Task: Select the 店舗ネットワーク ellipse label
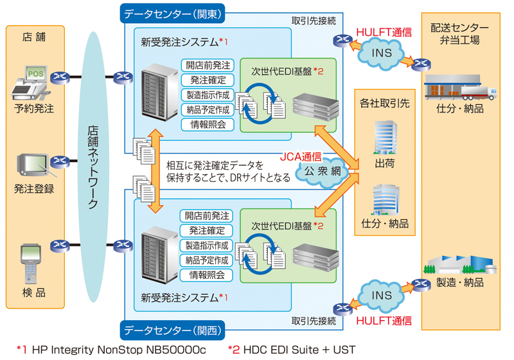coord(92,167)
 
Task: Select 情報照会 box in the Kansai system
coord(208,275)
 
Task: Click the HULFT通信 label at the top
coord(384,31)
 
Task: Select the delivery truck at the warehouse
coord(479,91)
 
